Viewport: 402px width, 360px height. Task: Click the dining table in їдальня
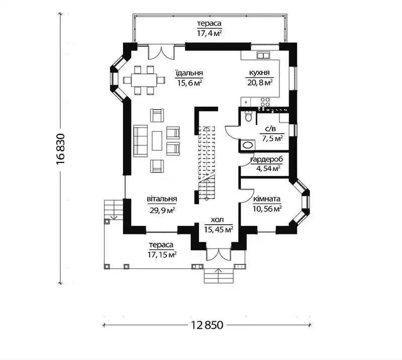coord(144,80)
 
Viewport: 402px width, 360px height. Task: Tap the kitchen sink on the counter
coord(263,55)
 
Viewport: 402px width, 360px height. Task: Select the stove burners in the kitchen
coord(265,102)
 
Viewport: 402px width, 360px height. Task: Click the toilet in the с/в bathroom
coord(248,116)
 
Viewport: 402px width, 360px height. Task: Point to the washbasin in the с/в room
coord(248,145)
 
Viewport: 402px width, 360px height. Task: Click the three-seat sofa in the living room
coord(140,141)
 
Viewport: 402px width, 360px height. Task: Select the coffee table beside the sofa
coord(157,141)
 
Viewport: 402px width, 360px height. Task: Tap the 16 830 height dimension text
coord(61,149)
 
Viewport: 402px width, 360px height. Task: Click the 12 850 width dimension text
coord(207,325)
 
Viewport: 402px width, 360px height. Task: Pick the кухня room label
coord(259,73)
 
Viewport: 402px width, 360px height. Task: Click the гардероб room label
coord(267,159)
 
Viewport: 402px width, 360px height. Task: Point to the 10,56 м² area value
coord(267,209)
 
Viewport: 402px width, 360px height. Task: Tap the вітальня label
coord(162,199)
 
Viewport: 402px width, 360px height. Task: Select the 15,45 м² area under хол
coord(219,229)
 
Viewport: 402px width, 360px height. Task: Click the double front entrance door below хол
coord(219,254)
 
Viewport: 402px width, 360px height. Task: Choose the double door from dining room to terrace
coord(161,52)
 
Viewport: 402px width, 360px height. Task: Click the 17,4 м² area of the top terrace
coord(209,33)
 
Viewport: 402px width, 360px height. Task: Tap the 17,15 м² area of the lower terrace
coord(162,254)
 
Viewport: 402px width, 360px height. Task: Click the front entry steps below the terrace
coord(219,276)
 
